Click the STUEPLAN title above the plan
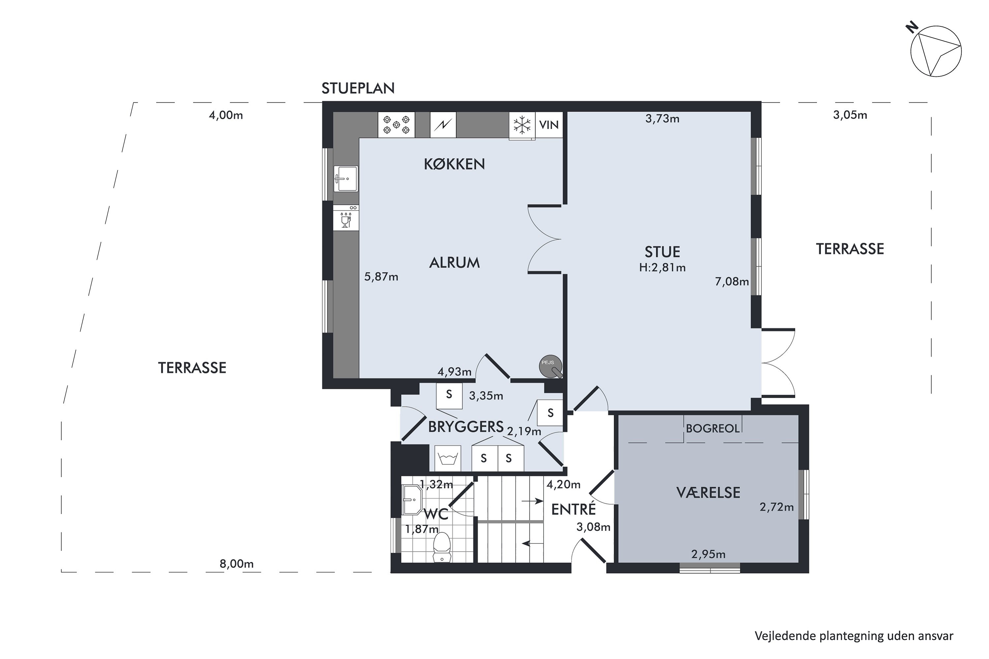358,88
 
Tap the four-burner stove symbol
396,125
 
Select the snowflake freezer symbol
522,125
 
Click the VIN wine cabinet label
549,125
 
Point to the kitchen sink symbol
346,178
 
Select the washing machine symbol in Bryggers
448,458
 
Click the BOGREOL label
712,429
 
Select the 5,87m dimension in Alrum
381,277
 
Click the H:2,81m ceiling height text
662,267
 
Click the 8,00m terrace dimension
236,564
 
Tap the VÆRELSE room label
708,493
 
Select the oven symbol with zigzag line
443,125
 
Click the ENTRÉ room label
574,509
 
